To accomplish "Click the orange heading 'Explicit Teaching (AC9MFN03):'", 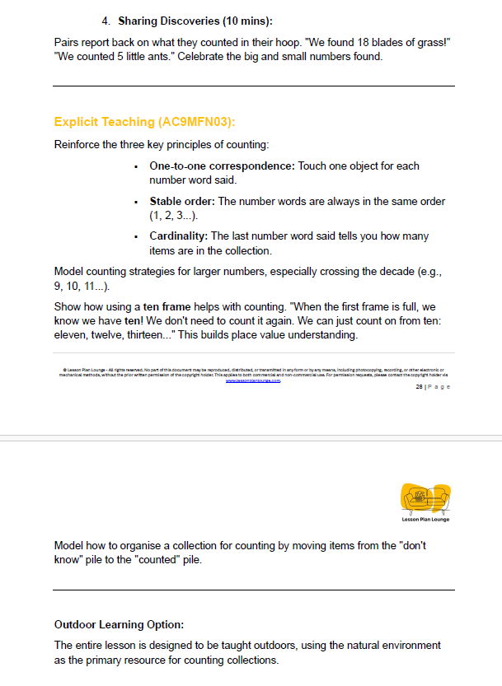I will tap(145, 122).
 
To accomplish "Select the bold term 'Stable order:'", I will tap(182, 201).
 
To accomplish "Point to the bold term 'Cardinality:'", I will tap(179, 236).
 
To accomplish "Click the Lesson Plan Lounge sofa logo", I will tap(425, 499).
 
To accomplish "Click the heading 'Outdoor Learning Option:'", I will tap(119, 624).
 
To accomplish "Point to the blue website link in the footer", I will tap(253, 380).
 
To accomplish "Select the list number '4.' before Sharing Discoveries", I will tap(105, 20).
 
